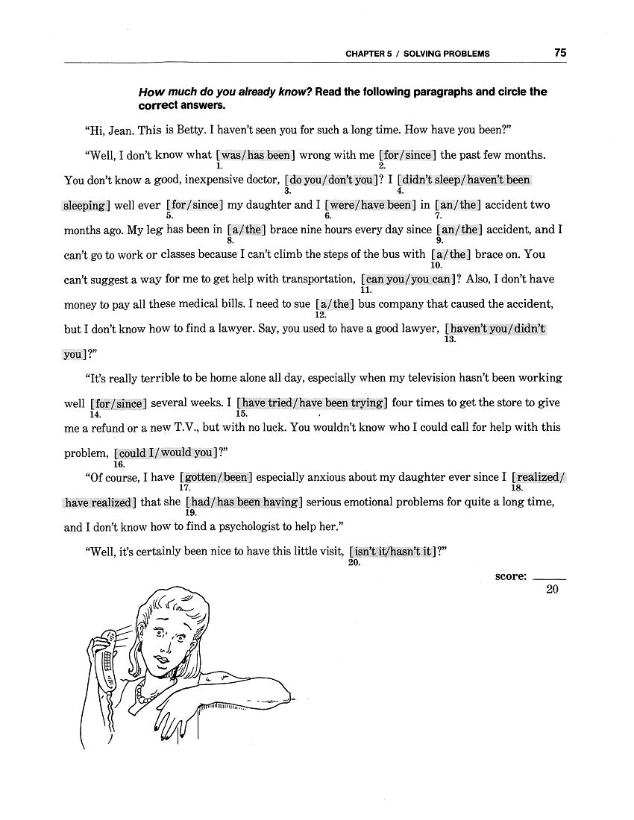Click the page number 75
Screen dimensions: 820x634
[x=560, y=53]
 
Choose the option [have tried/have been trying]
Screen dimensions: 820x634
[x=313, y=403]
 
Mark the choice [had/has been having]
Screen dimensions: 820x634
[x=244, y=502]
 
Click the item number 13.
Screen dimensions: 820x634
[x=449, y=339]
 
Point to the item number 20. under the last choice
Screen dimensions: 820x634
[x=354, y=563]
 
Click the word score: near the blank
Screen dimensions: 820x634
[x=511, y=576]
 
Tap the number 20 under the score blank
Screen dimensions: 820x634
[x=552, y=590]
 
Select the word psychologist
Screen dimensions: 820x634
[x=236, y=527]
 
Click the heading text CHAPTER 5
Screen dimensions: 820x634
[x=370, y=54]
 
